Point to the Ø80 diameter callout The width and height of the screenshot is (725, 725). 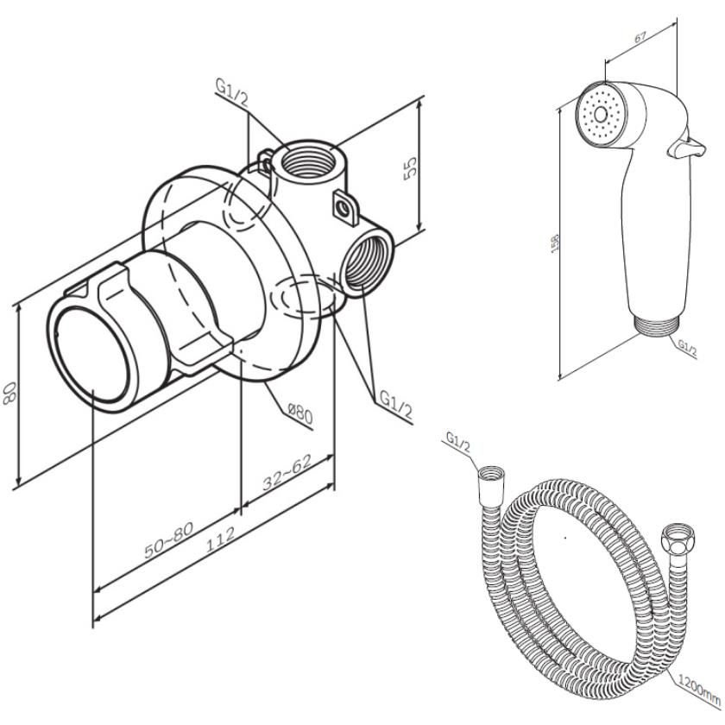tap(299, 415)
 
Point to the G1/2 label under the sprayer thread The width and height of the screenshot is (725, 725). tap(687, 346)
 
